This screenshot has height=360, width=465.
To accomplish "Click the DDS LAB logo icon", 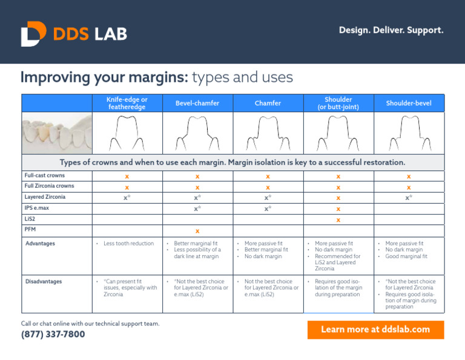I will [33, 34].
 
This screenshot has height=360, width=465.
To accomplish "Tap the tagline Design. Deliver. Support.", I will [391, 30].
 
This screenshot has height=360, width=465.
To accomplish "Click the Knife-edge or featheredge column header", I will [127, 103].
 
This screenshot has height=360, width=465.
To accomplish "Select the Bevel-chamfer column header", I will [197, 104].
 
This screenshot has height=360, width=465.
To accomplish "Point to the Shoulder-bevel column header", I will [409, 104].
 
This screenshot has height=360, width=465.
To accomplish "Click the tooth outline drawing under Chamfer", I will [268, 133].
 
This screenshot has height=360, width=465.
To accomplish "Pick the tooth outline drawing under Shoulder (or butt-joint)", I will [338, 133].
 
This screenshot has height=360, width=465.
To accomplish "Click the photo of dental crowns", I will [57, 134].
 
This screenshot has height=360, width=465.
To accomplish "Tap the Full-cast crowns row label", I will [45, 175].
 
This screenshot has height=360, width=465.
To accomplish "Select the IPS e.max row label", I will [37, 208].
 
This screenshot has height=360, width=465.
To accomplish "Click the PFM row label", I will [30, 230].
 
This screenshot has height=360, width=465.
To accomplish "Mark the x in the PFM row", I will [197, 231].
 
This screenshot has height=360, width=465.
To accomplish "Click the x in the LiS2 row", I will [338, 219].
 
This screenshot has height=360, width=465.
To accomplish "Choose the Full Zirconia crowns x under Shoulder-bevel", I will [409, 187].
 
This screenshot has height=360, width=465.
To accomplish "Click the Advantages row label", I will [40, 244].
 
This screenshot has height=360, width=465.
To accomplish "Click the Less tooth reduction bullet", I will [128, 244].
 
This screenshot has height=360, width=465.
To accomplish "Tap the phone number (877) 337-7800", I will [53, 335].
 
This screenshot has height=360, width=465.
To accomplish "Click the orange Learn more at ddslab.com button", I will [375, 330].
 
